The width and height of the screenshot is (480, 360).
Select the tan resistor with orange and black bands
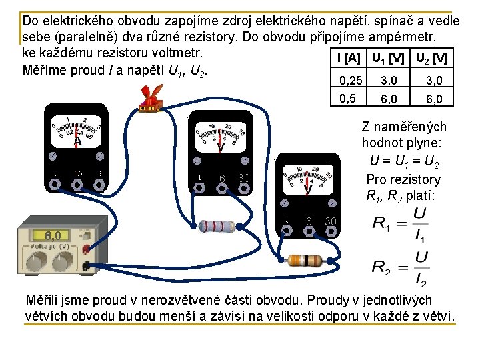(304, 260)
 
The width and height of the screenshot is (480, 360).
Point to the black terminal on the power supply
(85, 267)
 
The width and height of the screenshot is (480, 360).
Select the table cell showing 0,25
(351, 81)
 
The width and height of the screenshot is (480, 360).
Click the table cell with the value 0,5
(347, 99)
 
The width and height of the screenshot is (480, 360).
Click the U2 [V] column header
(431, 59)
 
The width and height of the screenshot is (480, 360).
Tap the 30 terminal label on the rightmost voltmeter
(331, 221)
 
